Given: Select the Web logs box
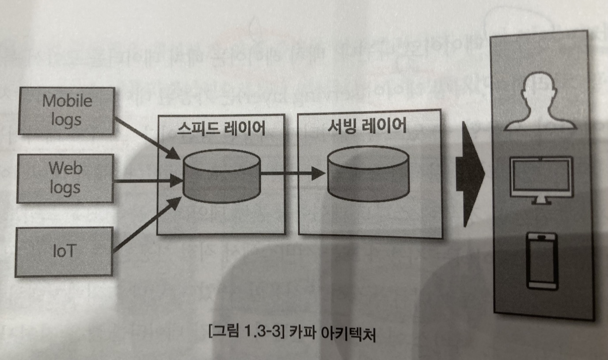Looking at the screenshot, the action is click(x=65, y=178).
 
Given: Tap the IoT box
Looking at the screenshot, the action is click(x=64, y=251).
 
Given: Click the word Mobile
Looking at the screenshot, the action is click(x=67, y=101).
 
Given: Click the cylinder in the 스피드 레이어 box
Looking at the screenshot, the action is click(x=222, y=176).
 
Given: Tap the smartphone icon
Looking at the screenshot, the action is click(x=541, y=261).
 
